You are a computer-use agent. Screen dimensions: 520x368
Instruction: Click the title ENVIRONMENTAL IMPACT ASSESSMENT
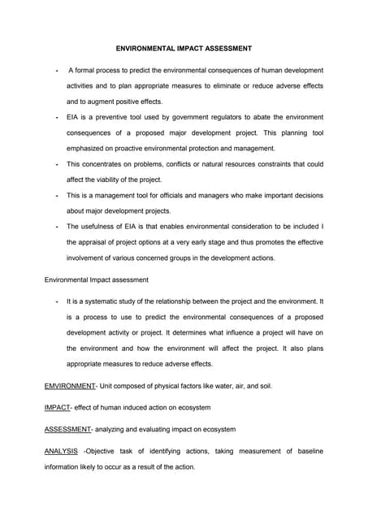183,49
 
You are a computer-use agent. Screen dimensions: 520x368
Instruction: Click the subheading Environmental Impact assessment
96,279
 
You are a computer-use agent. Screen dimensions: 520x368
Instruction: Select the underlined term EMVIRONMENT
70,385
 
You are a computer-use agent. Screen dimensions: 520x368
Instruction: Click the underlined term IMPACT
56,407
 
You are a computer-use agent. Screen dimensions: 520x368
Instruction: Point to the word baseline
307,451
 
